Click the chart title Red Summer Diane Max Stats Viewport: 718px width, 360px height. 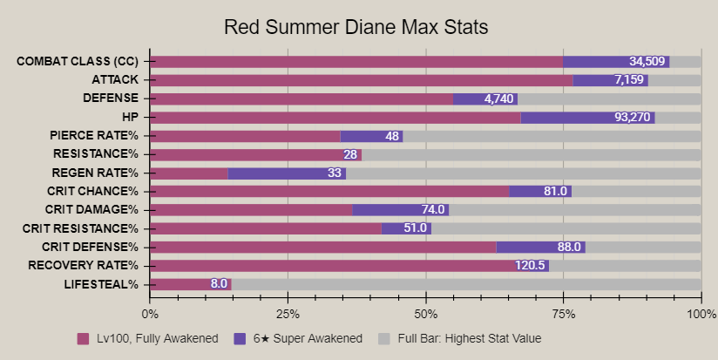point(356,27)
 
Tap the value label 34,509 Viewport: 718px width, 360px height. point(647,61)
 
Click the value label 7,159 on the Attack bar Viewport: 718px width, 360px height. point(628,80)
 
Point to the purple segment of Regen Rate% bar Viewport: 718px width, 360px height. point(287,173)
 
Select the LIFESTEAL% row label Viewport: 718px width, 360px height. point(101,284)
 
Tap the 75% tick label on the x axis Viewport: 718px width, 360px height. point(563,314)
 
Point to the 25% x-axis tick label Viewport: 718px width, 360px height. point(288,314)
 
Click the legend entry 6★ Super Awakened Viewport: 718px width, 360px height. point(295,338)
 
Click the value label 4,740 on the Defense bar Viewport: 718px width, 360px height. point(500,98)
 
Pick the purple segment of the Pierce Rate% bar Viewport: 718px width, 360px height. point(371,136)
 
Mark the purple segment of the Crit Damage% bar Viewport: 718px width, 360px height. point(400,210)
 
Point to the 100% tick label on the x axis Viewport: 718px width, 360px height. point(701,314)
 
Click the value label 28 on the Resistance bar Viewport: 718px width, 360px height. point(350,154)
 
